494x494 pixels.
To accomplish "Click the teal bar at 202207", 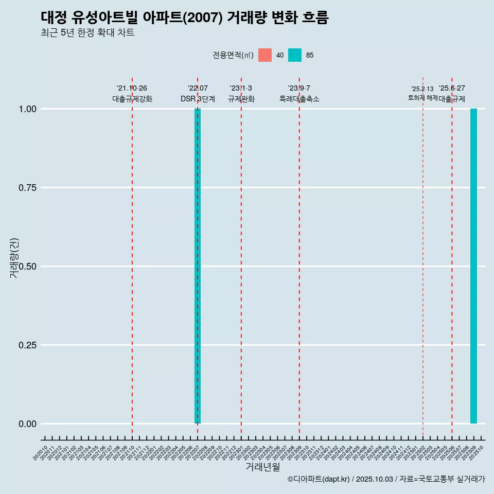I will (x=198, y=266).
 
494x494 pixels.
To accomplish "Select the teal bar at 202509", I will (x=473, y=266).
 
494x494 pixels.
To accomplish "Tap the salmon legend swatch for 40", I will (x=265, y=55).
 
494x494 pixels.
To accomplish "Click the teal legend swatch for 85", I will (x=295, y=55).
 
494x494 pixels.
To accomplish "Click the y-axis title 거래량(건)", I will (x=14, y=258).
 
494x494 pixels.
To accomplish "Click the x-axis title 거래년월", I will (x=262, y=467).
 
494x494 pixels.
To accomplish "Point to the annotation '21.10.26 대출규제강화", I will (x=132, y=94).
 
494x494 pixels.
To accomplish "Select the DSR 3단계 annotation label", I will (x=198, y=99).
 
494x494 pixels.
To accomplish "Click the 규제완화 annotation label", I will (x=241, y=99).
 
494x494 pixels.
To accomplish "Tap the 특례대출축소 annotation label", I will (x=299, y=99).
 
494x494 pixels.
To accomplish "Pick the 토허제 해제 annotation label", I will (x=422, y=97).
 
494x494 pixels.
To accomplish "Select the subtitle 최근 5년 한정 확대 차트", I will (x=87, y=33).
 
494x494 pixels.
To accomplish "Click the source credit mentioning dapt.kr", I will (x=386, y=479).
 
